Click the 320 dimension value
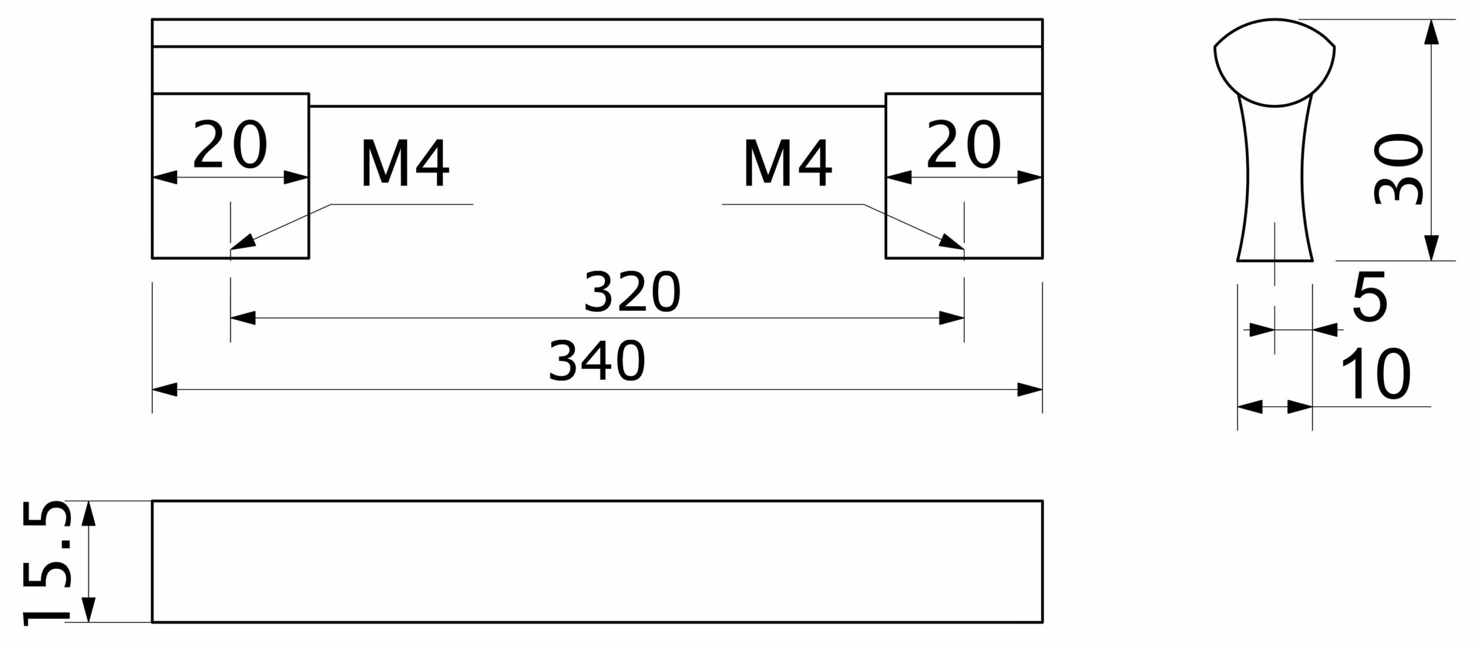(632, 292)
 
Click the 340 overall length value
(597, 361)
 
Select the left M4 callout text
(405, 164)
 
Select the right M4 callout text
(788, 164)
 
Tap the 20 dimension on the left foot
(230, 145)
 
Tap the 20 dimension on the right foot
(964, 145)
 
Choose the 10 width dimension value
(1375, 373)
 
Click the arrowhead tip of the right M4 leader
(964, 250)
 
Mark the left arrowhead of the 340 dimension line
(153, 390)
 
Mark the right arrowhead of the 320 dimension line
(963, 318)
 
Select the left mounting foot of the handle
(230, 175)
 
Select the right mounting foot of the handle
(964, 175)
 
